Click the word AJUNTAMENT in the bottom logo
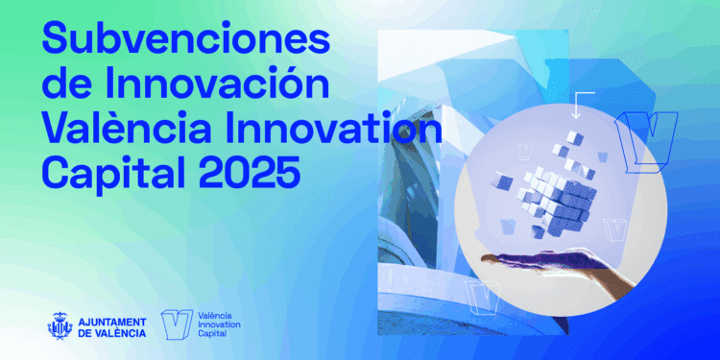point(111,322)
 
